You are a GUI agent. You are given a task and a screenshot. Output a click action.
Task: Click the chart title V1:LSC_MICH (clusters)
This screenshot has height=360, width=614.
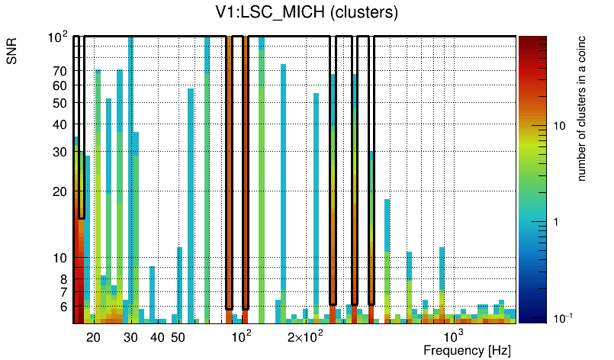pos(306,13)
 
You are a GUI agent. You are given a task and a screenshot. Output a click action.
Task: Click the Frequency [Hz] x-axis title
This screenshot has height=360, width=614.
pos(466,350)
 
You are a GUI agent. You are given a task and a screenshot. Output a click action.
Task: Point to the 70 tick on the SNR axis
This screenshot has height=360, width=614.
pos(59,71)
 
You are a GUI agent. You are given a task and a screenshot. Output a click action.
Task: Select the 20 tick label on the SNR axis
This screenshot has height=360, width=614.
pos(59,191)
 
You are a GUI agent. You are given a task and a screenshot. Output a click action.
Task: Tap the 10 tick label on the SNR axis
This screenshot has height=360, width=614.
pos(59,258)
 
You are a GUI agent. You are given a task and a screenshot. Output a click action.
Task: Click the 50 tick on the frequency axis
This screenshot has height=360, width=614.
pos(178,336)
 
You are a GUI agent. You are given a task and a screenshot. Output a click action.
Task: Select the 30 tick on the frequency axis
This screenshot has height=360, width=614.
pos(130,336)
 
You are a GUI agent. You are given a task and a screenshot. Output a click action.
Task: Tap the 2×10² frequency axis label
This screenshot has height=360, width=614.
pos(305,336)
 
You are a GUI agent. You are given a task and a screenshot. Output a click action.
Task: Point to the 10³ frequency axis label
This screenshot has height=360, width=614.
pos(453,336)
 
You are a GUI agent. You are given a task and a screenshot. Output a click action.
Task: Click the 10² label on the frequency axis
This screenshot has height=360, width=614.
pos(241,336)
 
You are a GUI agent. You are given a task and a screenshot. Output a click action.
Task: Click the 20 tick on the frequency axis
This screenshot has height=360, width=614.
pos(94,336)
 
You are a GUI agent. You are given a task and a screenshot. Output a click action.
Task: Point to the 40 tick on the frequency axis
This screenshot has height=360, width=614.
pos(157,336)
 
